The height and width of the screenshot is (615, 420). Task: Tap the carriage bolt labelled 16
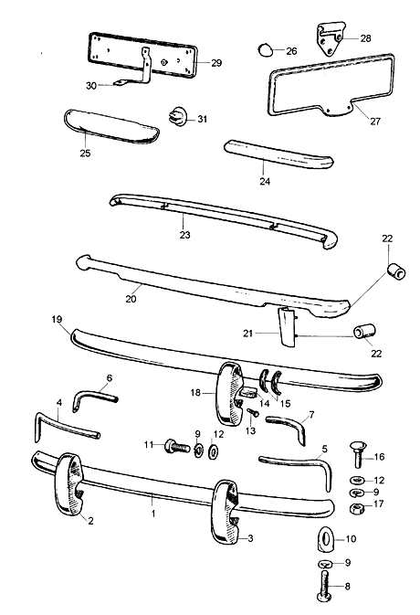pyautogui.click(x=358, y=454)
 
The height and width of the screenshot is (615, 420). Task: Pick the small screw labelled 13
pyautogui.click(x=253, y=413)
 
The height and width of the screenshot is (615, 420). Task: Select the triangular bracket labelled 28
pyautogui.click(x=331, y=38)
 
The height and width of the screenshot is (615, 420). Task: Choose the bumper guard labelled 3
pyautogui.click(x=224, y=511)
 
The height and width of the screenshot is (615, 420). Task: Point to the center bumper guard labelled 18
pyautogui.click(x=230, y=392)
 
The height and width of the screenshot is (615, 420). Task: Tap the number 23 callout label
pyautogui.click(x=185, y=235)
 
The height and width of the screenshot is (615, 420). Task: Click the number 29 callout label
pyautogui.click(x=216, y=63)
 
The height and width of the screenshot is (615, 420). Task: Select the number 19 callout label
pyautogui.click(x=57, y=319)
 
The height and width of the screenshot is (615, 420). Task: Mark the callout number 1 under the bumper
pyautogui.click(x=153, y=513)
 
